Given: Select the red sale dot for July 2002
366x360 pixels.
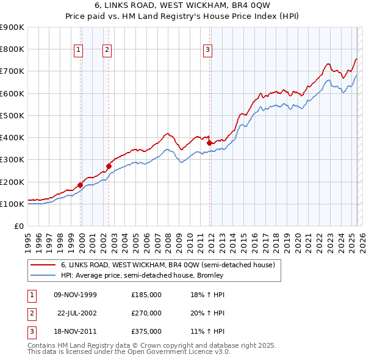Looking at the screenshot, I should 109,166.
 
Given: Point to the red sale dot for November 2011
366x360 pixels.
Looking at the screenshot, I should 209,143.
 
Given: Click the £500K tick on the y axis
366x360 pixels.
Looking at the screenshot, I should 12,115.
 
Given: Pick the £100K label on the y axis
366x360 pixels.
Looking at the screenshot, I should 12,204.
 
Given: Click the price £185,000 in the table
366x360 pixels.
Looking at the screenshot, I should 146,295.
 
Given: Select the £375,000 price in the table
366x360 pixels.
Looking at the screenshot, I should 146,331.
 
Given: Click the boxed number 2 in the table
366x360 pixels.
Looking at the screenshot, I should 30,313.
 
